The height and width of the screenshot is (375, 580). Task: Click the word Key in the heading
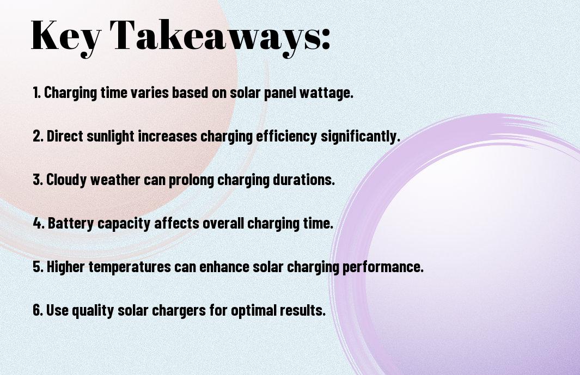[66, 36]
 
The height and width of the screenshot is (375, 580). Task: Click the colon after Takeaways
[326, 40]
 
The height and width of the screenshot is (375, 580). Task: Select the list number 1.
[36, 93]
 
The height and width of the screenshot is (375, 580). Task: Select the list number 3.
[38, 180]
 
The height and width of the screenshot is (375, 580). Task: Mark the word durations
[304, 180]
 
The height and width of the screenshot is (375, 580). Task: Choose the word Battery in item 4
[71, 224]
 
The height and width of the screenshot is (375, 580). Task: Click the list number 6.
[38, 310]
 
